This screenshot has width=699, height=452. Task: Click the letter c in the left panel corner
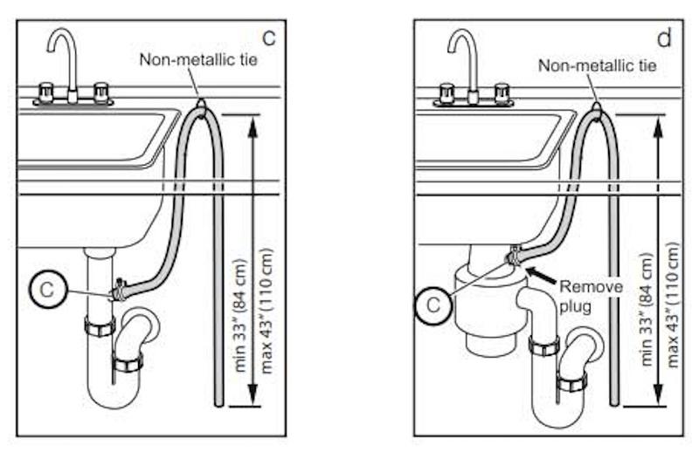click(269, 38)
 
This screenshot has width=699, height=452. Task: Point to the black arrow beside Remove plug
click(541, 278)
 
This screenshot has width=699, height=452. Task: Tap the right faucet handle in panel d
click(502, 90)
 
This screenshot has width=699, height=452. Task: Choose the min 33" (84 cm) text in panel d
click(646, 311)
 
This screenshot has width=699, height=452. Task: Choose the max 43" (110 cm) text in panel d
click(670, 311)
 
